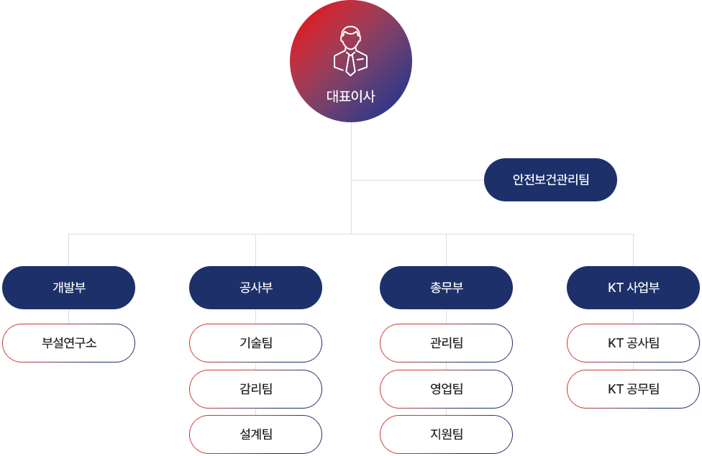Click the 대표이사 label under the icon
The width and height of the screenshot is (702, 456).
(350, 96)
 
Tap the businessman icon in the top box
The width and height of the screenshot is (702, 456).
(350, 52)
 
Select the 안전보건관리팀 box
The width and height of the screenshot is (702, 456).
(550, 180)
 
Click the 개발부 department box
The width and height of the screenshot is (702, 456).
(69, 288)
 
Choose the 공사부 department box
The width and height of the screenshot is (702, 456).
(255, 288)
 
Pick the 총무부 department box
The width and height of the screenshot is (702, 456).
(446, 288)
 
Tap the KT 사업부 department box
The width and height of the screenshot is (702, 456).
(633, 288)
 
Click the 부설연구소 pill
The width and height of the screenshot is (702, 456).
(69, 343)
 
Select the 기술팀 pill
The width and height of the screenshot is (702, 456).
(255, 343)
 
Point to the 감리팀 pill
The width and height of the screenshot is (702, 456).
(255, 389)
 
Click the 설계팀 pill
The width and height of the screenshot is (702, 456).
(255, 434)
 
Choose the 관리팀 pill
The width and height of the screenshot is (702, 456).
(446, 343)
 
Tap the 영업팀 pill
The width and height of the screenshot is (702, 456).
(446, 389)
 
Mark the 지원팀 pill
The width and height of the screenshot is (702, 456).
(446, 434)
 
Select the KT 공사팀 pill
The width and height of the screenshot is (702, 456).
(633, 343)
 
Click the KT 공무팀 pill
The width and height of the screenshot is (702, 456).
(633, 389)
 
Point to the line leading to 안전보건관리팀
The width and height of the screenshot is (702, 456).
(417, 180)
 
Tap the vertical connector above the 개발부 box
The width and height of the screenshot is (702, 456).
(69, 250)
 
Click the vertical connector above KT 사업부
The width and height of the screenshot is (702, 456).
(633, 250)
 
